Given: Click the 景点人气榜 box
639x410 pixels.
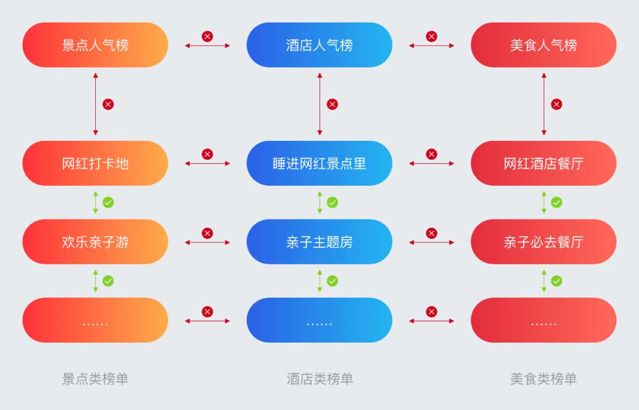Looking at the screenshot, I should tap(95, 45).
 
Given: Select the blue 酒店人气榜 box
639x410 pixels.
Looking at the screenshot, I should tap(319, 45).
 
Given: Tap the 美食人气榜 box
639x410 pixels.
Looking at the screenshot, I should tap(543, 45).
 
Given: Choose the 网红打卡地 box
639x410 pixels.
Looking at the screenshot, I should tap(95, 163).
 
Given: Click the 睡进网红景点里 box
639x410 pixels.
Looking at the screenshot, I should tap(319, 163).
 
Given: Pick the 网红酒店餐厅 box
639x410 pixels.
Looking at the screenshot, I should tap(543, 163).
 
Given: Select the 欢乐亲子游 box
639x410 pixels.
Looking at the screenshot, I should tap(95, 242).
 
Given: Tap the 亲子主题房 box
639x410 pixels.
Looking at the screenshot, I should tap(319, 242).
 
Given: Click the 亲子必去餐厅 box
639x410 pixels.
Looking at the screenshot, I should tap(543, 242).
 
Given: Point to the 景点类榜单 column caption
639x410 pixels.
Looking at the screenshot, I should tap(95, 379).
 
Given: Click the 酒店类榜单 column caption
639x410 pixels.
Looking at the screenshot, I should tap(319, 379).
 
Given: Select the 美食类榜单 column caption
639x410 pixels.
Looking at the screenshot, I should tap(543, 379).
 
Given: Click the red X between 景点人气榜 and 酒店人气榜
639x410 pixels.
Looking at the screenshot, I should tap(207, 37).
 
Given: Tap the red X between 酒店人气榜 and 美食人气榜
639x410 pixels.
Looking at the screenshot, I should tap(431, 37).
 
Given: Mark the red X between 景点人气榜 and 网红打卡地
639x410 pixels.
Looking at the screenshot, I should tap(108, 104).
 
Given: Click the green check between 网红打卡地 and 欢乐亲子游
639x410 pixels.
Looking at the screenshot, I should tap(108, 202).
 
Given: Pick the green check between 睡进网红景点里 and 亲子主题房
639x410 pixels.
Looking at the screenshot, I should tap(332, 202).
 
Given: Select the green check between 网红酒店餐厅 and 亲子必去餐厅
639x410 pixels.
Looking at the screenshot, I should tap(556, 202).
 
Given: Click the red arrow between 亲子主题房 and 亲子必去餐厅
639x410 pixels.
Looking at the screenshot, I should tap(431, 243).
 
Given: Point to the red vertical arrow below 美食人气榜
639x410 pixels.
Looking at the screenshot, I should tap(544, 104).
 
